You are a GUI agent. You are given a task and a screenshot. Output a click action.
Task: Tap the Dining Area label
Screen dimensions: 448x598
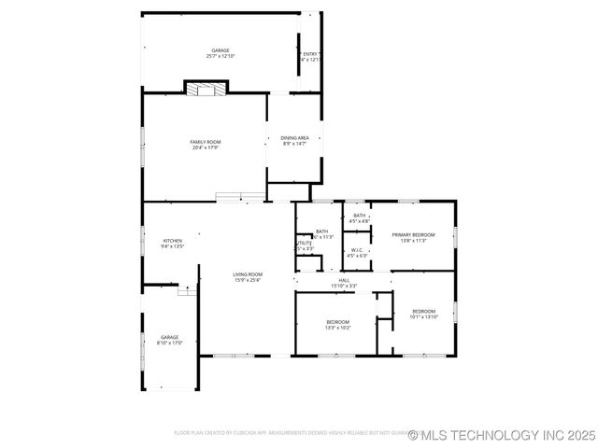tap(295, 138)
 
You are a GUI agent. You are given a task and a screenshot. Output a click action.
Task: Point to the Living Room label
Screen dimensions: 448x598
tap(248, 274)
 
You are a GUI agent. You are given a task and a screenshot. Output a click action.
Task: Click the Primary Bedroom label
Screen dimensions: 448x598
tap(413, 235)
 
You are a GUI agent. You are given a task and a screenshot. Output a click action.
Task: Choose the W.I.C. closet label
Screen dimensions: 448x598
tap(357, 250)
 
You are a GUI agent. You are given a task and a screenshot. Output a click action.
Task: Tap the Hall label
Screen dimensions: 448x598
tap(344, 280)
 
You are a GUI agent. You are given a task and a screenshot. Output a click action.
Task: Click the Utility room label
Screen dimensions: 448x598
tap(304, 244)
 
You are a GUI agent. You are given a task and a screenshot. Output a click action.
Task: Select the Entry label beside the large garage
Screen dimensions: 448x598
tap(311, 54)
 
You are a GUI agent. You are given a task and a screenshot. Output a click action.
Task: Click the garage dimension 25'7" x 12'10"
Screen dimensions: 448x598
tap(221, 57)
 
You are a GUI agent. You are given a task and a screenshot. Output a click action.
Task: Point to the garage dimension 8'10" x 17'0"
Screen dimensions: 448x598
tap(169, 343)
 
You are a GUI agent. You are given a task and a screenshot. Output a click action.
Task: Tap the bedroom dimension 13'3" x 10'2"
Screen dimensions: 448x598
tap(337, 328)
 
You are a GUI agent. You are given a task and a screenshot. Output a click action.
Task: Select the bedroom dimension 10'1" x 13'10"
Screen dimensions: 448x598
tap(423, 317)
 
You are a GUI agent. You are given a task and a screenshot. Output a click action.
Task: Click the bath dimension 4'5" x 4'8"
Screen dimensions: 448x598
tap(359, 221)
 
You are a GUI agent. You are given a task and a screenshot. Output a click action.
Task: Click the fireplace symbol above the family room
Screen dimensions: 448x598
tap(205, 89)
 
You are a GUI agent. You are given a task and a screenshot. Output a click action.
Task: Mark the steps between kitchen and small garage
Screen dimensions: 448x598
tap(187, 291)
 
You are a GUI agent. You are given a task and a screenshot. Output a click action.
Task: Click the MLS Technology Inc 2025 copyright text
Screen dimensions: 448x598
tap(501, 435)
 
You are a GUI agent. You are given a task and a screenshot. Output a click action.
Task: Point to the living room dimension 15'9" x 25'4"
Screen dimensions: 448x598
tap(248, 280)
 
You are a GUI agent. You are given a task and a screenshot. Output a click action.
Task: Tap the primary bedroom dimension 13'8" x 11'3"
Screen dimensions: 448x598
tap(413, 241)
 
